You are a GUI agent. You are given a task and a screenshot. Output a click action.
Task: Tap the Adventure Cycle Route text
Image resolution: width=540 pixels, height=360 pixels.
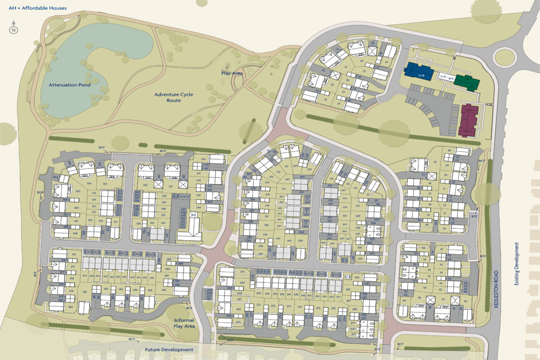coord(173,97)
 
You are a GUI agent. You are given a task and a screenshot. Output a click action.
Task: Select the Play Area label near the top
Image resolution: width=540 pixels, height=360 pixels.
coord(232,73)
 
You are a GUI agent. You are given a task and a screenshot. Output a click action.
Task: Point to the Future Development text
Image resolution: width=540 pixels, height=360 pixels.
coord(168,350)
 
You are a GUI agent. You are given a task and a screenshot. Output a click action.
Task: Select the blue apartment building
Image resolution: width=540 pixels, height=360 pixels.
coord(418,71)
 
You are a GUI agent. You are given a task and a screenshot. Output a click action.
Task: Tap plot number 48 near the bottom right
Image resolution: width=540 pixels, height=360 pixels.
coord(419,297)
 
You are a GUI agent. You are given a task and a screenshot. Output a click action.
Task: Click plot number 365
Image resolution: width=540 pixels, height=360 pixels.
coord(78,191)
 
